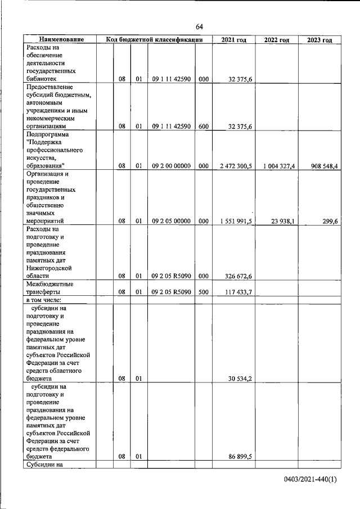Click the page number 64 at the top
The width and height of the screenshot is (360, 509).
[199, 27]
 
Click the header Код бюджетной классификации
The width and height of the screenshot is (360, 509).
[154, 40]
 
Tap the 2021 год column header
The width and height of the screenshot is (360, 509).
[233, 40]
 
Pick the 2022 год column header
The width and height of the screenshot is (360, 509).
[276, 40]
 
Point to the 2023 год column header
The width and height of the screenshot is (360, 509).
[319, 40]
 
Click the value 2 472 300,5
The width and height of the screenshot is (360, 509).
[233, 166]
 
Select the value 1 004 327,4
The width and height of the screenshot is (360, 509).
[276, 166]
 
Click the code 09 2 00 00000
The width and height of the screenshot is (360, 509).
[172, 166]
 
